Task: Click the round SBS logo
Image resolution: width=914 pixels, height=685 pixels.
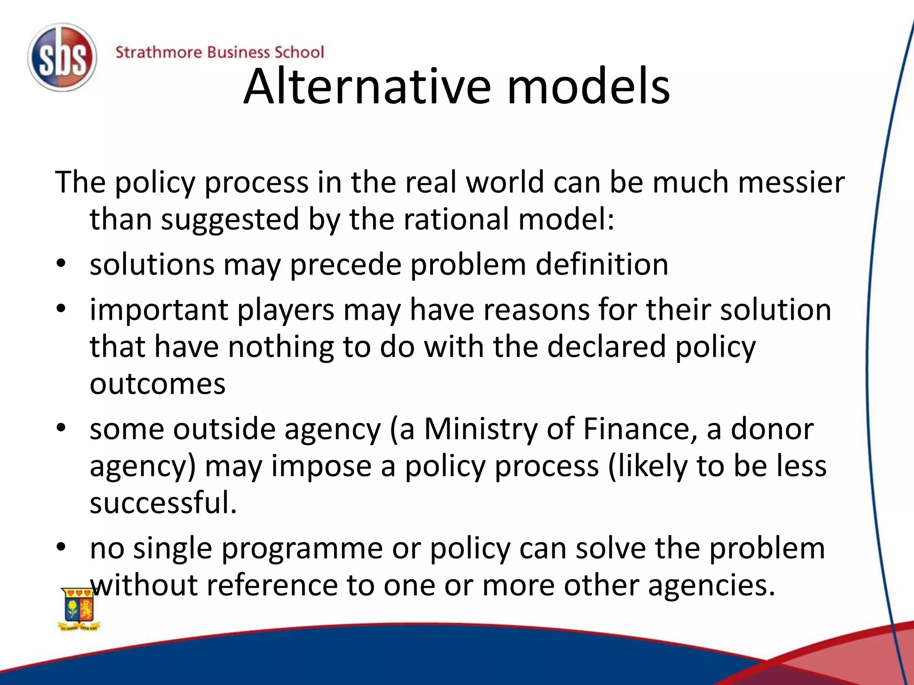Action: click(62, 58)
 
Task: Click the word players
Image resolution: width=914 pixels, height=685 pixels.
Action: click(286, 310)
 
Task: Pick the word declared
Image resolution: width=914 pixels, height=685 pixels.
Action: click(607, 347)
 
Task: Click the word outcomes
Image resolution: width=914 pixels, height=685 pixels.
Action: click(158, 384)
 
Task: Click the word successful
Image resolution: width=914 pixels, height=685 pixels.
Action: click(163, 503)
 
